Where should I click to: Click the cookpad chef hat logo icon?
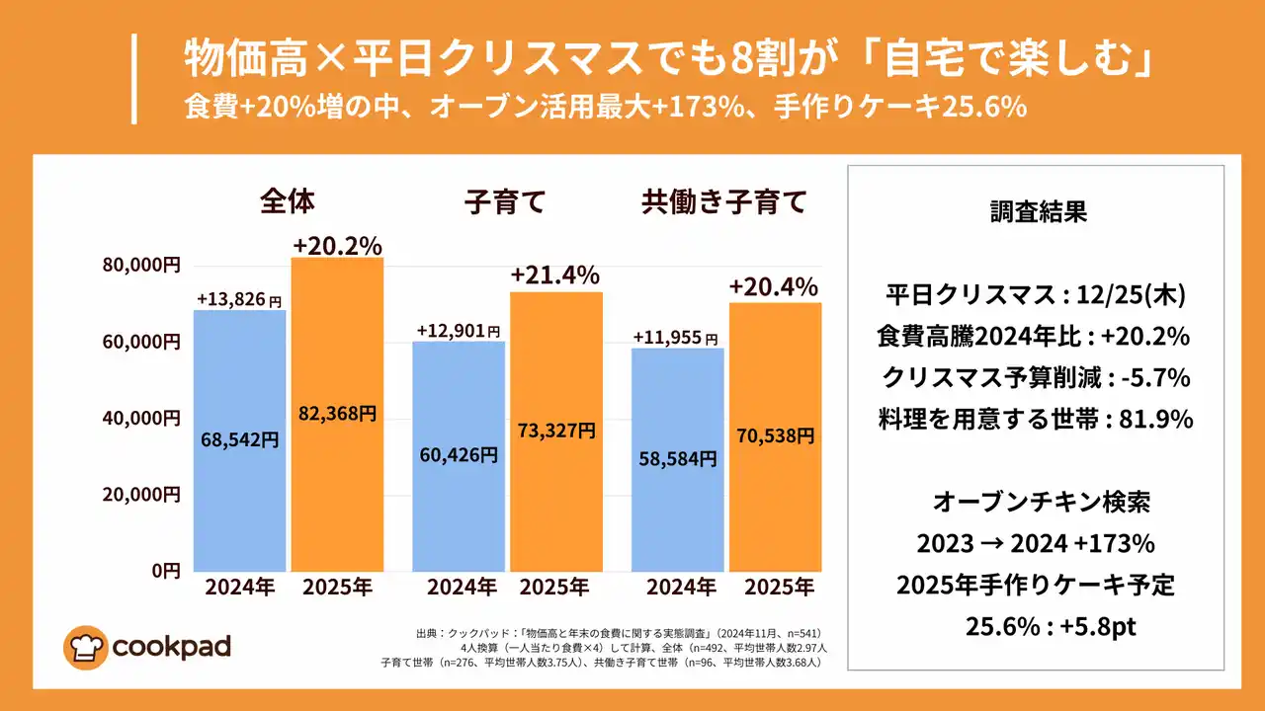pyautogui.click(x=86, y=647)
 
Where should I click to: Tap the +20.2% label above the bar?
pyautogui.click(x=337, y=245)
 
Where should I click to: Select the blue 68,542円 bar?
pyautogui.click(x=239, y=440)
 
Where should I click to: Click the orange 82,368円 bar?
pyautogui.click(x=337, y=415)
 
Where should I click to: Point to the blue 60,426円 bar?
pyautogui.click(x=459, y=456)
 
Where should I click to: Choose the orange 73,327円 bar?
pyautogui.click(x=556, y=432)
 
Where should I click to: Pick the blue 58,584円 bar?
pyautogui.click(x=677, y=459)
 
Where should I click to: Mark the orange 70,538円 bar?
pyautogui.click(x=775, y=435)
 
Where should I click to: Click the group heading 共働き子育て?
pyautogui.click(x=724, y=203)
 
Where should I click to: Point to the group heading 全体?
pyautogui.click(x=288, y=202)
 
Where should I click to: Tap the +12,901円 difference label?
pyautogui.click(x=458, y=331)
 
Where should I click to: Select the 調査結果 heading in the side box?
pyautogui.click(x=1037, y=212)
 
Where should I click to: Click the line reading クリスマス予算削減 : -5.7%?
pyautogui.click(x=1035, y=377)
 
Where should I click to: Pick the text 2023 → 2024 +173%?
pyautogui.click(x=1035, y=543)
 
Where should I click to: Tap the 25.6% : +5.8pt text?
pyautogui.click(x=1036, y=625)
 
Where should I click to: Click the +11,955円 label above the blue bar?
pyautogui.click(x=676, y=338)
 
